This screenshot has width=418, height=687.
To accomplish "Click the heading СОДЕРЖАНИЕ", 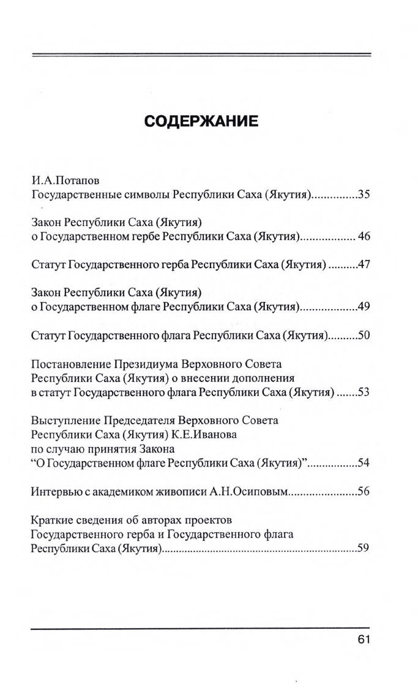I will coord(201,121).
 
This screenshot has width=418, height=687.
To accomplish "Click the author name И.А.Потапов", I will coord(65,182).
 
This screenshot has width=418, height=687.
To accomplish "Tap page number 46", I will coord(364,236).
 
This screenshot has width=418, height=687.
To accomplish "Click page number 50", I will coord(364,336).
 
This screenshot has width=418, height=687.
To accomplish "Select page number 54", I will coord(364,462).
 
